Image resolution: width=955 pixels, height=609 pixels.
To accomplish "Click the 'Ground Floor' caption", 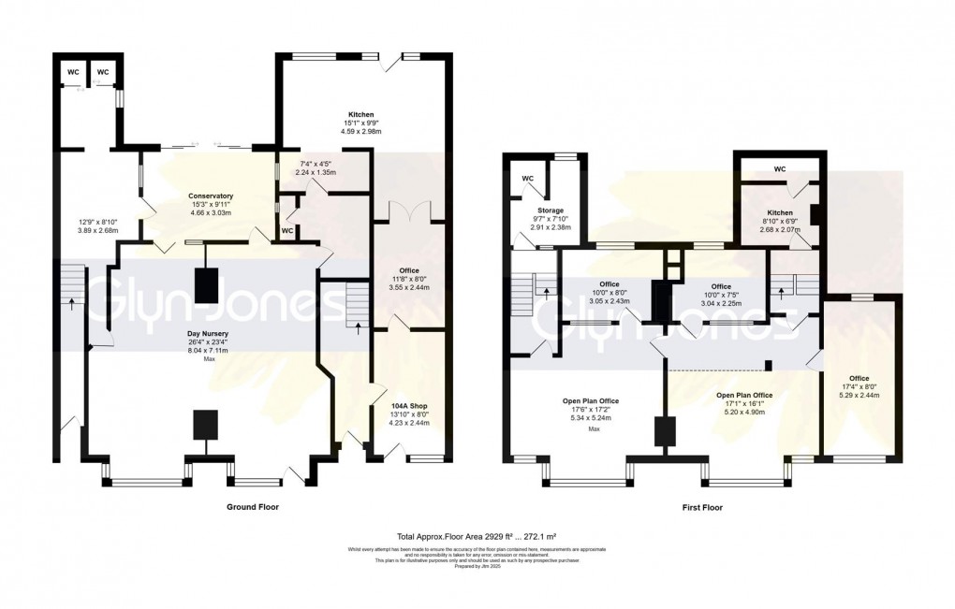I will click(x=252, y=506).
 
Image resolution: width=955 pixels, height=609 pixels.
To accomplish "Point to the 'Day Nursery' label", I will click(x=207, y=334).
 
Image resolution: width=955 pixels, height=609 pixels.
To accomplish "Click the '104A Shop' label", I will click(x=410, y=407).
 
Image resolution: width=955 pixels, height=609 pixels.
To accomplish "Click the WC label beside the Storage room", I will click(x=528, y=178).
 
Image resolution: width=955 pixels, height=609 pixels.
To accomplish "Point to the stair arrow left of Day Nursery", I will click(x=70, y=304).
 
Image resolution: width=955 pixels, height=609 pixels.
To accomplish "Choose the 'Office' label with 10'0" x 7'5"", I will click(x=720, y=286).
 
